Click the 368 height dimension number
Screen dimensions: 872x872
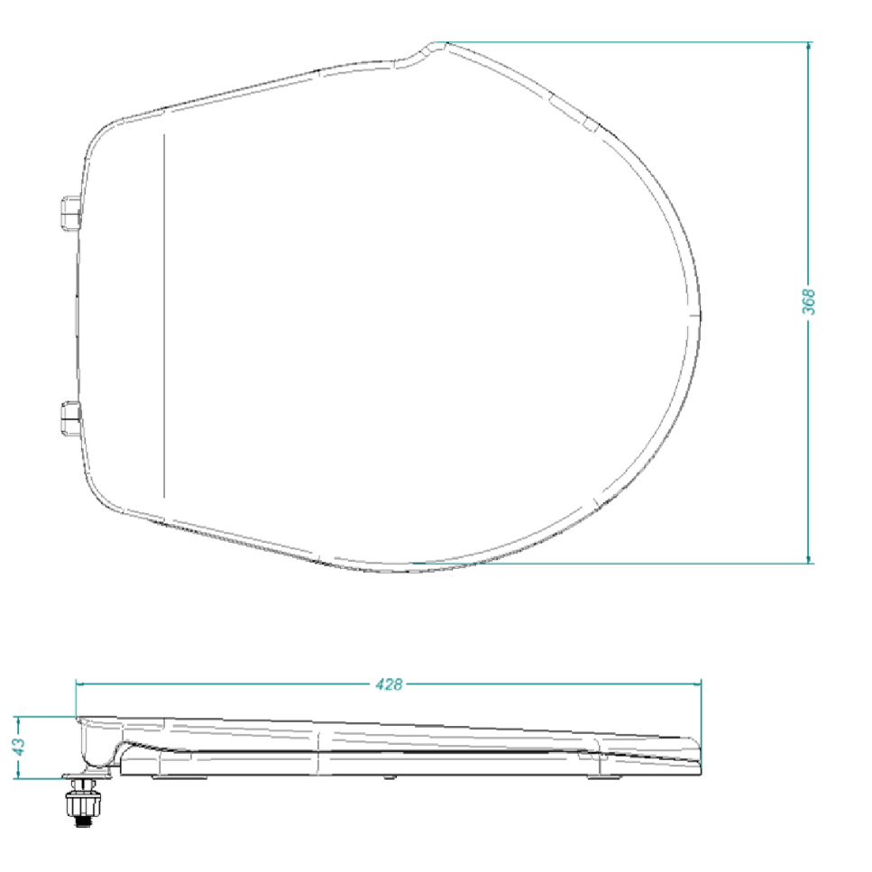pos(809,301)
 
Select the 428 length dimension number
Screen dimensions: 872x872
pos(389,684)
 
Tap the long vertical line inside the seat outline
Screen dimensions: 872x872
pos(164,316)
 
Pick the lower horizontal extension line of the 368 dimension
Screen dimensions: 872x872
pos(631,564)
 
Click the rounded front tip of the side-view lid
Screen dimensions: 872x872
pos(696,752)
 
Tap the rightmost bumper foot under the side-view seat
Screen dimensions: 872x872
pos(599,776)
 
